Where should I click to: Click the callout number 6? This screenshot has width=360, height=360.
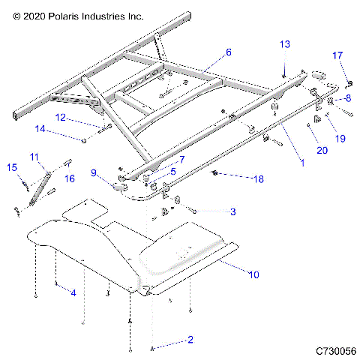click(x=229, y=52)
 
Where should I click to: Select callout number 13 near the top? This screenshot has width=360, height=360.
click(x=284, y=44)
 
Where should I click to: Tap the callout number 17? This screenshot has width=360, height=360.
click(x=337, y=55)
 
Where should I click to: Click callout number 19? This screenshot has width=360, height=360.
click(x=340, y=138)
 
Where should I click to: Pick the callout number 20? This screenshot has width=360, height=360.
click(x=322, y=151)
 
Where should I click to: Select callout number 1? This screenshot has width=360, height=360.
click(x=302, y=161)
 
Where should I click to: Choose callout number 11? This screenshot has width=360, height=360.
click(x=34, y=156)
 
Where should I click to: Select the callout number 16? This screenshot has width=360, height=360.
click(x=69, y=178)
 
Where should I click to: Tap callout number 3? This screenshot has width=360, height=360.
click(x=232, y=212)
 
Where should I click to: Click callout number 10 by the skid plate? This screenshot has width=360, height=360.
click(x=253, y=275)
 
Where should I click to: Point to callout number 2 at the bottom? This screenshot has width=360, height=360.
click(x=190, y=340)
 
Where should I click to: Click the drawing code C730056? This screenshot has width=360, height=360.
click(x=335, y=351)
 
